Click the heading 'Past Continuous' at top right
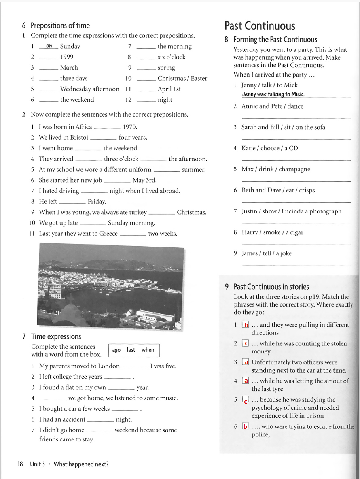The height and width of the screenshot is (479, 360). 260,26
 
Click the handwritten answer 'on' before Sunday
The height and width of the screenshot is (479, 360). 49,46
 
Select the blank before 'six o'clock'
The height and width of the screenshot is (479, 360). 146,57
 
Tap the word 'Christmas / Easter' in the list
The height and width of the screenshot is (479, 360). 182,78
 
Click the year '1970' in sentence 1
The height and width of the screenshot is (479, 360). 130,127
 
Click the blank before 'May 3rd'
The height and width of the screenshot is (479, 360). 117,181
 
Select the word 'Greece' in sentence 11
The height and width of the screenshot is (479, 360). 108,233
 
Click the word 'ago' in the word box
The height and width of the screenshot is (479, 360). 116,350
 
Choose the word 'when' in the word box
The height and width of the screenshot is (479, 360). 148,350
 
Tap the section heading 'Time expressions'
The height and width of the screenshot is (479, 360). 56,336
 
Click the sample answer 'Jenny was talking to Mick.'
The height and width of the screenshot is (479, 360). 273,94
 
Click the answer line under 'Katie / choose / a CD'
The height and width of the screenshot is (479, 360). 296,160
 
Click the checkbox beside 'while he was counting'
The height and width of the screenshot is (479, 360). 245,343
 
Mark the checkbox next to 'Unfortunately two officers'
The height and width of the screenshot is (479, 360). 245,362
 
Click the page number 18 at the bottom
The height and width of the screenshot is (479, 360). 20,464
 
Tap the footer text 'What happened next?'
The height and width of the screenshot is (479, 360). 81,464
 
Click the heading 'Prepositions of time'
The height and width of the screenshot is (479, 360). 60,26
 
